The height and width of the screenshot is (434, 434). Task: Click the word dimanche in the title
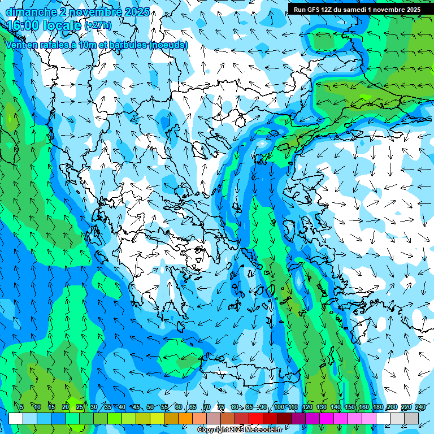31,11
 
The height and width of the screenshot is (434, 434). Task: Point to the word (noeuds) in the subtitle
168,45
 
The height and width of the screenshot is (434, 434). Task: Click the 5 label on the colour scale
21,407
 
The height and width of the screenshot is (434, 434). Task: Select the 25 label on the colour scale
80,407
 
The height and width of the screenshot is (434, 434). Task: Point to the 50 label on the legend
150,407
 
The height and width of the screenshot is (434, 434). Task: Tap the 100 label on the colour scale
279,407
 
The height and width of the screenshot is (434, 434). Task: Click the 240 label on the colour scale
420,407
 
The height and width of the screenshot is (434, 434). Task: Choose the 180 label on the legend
377,407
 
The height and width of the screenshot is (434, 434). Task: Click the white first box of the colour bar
16,418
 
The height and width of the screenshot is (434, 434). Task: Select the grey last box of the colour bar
411,418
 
